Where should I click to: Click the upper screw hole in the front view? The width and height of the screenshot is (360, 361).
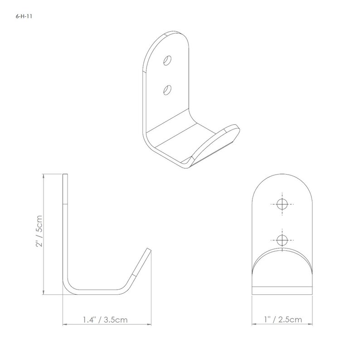point(282,204)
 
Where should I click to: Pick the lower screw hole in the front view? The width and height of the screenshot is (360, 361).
point(282,239)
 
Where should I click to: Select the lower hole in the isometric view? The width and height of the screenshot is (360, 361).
point(168,89)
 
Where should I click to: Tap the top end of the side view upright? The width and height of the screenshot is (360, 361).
point(65,176)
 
